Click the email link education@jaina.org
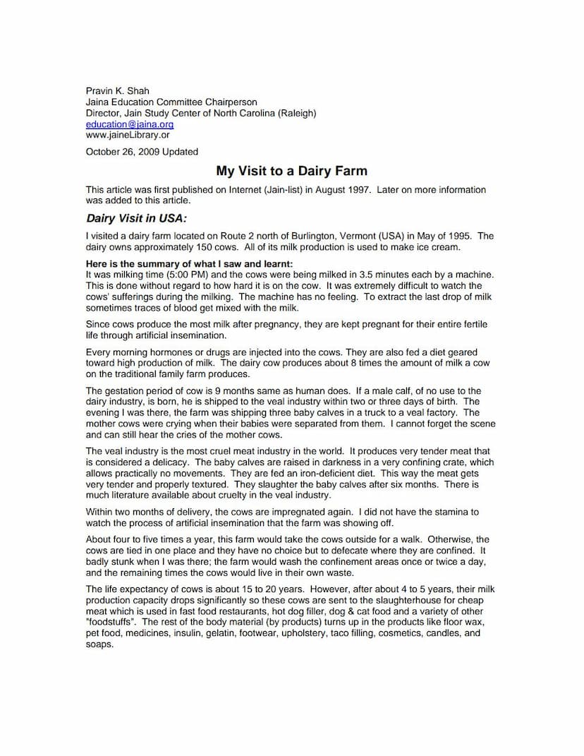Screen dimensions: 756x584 pyautogui.click(x=129, y=124)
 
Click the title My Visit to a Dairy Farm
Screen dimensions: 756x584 pyautogui.click(x=291, y=171)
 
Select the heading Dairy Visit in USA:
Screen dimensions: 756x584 pyautogui.click(x=136, y=218)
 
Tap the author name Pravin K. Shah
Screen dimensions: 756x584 pyautogui.click(x=117, y=91)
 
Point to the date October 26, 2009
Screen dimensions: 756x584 pyautogui.click(x=123, y=151)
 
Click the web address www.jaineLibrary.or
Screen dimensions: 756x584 pyautogui.click(x=127, y=134)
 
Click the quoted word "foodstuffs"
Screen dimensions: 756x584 pyautogui.click(x=113, y=622)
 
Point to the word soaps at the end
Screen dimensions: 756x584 pyautogui.click(x=99, y=644)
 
